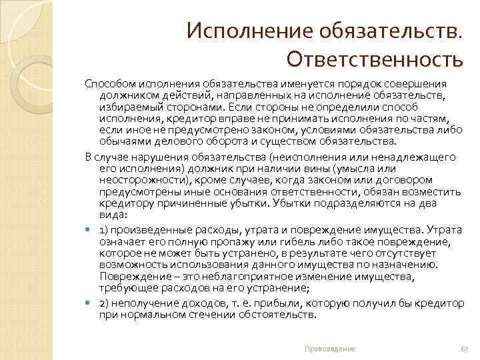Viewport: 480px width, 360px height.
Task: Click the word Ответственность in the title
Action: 374,61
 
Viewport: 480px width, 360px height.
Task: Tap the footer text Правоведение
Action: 329,349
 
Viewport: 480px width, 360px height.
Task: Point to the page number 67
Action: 464,349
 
